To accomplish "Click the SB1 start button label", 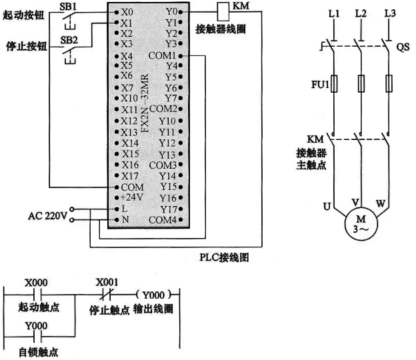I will tap(69, 5).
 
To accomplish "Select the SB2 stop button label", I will tap(69, 39).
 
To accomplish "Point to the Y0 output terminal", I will tap(171, 12).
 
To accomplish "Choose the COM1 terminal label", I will tap(164, 55).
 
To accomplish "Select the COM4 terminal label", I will tap(163, 219).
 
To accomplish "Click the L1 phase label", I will tap(332, 13).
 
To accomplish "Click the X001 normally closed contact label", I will tap(109, 282).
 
